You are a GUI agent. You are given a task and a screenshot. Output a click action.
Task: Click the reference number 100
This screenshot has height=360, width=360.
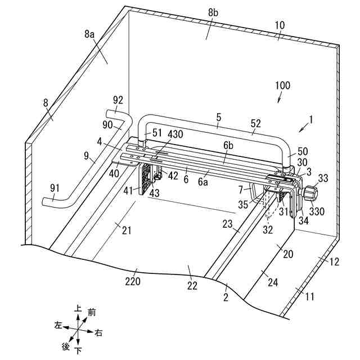click(283, 86)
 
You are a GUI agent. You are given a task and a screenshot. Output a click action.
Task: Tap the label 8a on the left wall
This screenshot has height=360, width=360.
click(89, 34)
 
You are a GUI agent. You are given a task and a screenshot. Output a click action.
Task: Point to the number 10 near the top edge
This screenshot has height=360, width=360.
click(280, 25)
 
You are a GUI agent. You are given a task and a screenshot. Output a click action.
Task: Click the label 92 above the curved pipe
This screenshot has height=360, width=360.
click(118, 100)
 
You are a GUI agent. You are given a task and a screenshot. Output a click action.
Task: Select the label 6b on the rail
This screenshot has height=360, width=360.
click(228, 145)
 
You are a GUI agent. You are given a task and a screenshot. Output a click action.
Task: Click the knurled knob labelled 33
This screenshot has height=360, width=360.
click(309, 195)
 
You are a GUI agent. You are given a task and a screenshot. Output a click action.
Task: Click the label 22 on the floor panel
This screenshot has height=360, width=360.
click(192, 286)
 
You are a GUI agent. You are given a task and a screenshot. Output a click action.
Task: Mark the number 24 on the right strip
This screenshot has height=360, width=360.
click(272, 282)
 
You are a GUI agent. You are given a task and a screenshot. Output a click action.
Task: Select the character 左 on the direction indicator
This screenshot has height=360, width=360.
click(58, 325)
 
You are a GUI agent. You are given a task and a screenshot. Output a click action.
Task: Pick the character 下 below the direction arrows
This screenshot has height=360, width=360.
click(79, 351)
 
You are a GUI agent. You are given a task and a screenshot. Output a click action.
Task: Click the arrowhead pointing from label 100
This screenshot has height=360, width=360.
click(279, 101)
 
